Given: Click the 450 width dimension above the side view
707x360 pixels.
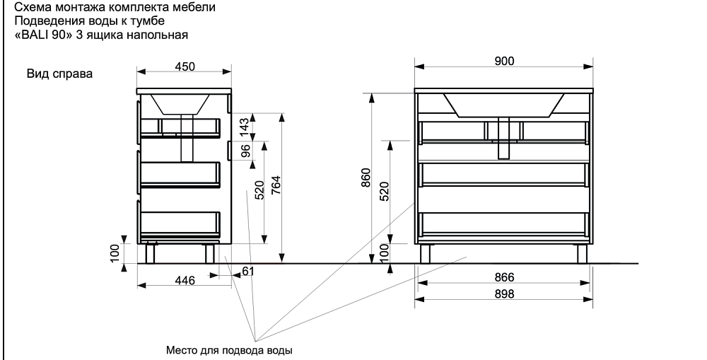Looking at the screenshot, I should tap(184, 66).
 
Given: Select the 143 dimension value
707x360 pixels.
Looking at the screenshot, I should tap(244, 127).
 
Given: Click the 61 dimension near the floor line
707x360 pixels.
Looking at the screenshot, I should tap(247, 272).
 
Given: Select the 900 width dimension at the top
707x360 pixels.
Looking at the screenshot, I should tap(504, 61).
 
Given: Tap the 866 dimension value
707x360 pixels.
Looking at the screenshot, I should tap(503, 277).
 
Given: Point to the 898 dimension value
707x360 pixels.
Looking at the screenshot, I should tap(503, 294).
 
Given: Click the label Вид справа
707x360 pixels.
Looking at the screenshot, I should tap(59, 74).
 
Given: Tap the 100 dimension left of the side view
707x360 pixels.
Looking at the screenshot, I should tap(115, 252).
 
